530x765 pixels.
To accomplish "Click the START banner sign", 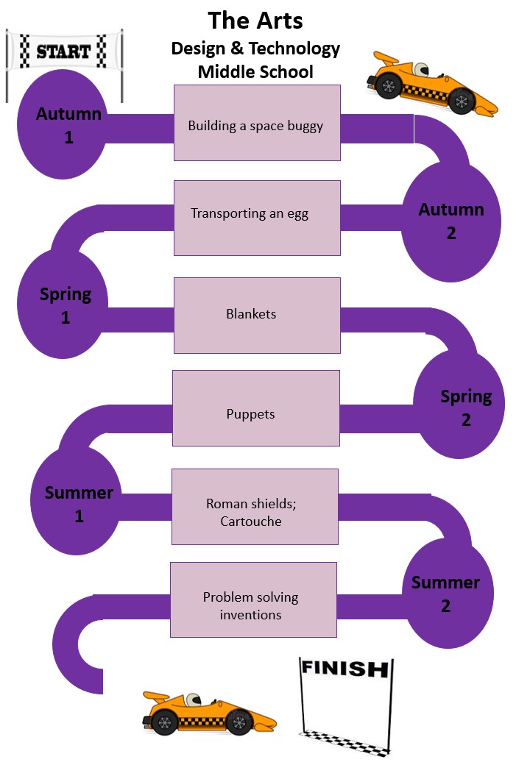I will tap(63, 51).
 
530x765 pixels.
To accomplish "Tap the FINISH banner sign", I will tap(344, 669).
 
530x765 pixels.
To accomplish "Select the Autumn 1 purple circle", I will tap(68, 126).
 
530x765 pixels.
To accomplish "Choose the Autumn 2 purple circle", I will tap(451, 221).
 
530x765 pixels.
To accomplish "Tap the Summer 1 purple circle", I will tap(79, 504).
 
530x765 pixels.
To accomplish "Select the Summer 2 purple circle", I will tap(445, 594).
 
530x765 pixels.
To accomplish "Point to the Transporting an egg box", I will tap(257, 218).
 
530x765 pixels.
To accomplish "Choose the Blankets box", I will tap(257, 315).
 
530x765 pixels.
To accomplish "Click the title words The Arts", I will tap(255, 21).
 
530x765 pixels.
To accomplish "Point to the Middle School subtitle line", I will tap(255, 72).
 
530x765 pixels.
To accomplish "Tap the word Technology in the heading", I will tap(297, 49).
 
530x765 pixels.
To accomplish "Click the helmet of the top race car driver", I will tap(421, 70).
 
